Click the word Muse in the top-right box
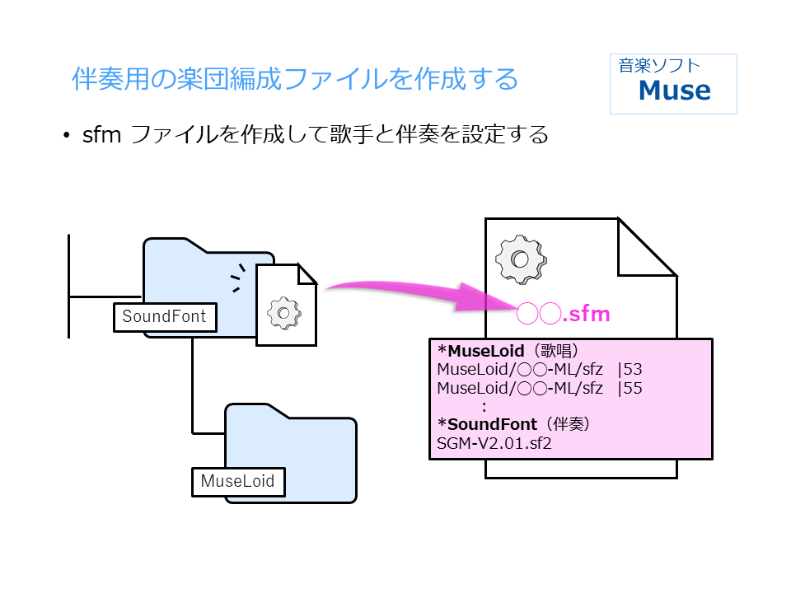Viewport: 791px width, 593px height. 674,91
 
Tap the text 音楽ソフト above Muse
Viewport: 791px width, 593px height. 660,66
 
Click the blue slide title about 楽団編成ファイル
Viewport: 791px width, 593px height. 295,80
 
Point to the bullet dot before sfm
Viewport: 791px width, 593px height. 67,135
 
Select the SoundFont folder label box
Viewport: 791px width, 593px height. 164,316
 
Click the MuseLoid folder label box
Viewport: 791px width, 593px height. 237,481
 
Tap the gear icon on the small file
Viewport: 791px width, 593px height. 284,312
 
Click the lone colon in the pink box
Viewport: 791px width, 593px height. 484,407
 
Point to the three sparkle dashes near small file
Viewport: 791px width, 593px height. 238,278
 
